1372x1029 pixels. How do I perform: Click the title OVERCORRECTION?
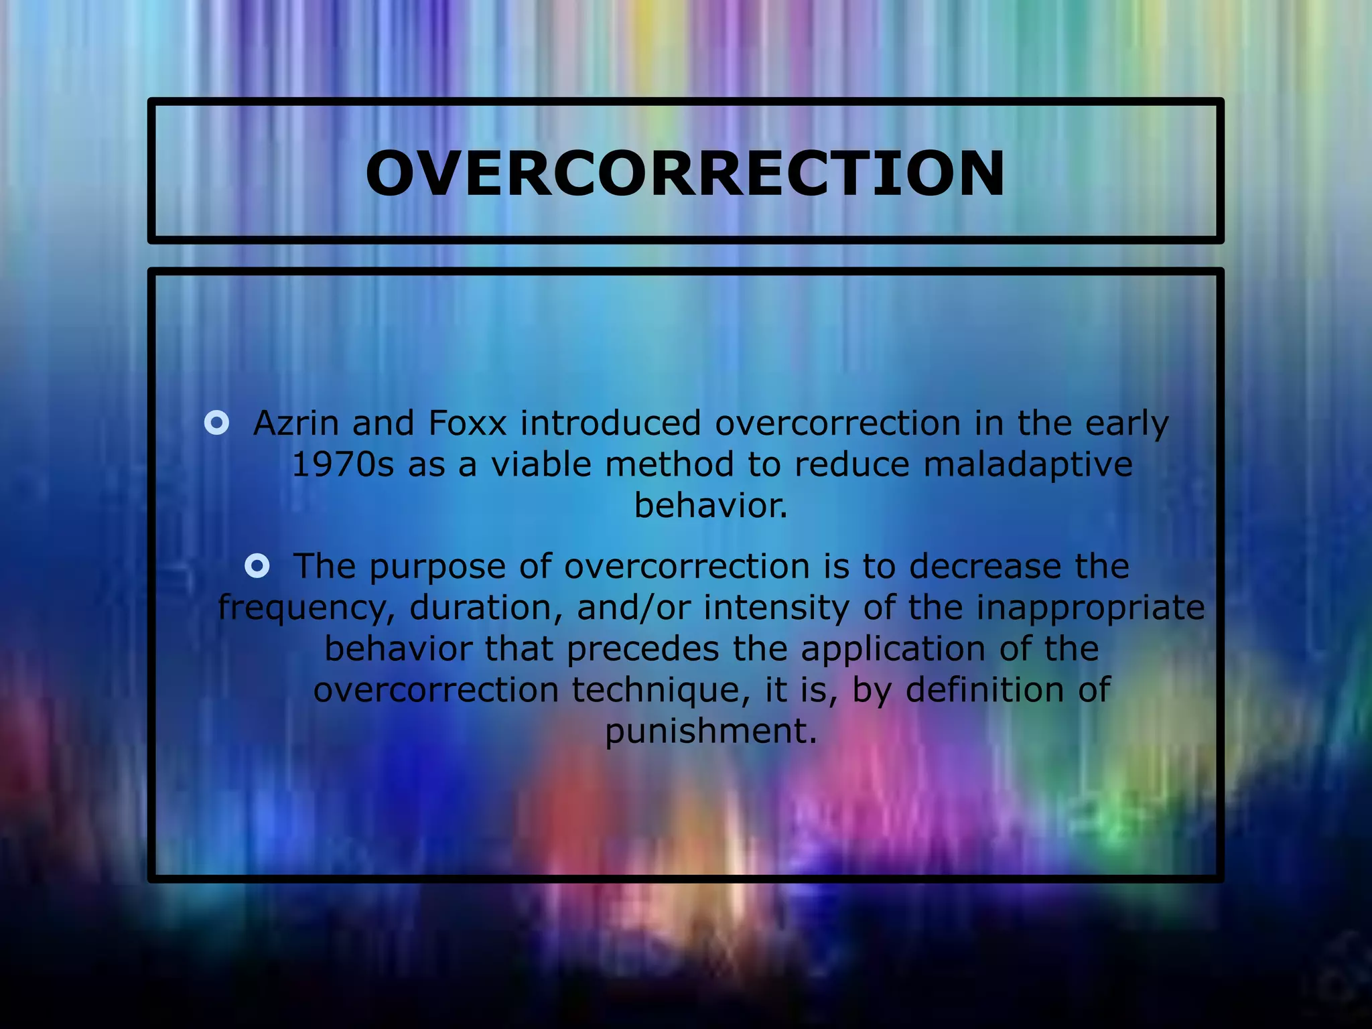[685, 173]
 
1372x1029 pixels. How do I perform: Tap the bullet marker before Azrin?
[216, 423]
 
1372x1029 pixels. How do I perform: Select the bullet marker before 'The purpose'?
[257, 566]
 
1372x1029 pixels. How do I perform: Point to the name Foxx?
[467, 423]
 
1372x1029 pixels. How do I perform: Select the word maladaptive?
[1028, 464]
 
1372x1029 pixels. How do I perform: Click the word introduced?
[610, 423]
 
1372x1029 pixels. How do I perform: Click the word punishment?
[711, 732]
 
